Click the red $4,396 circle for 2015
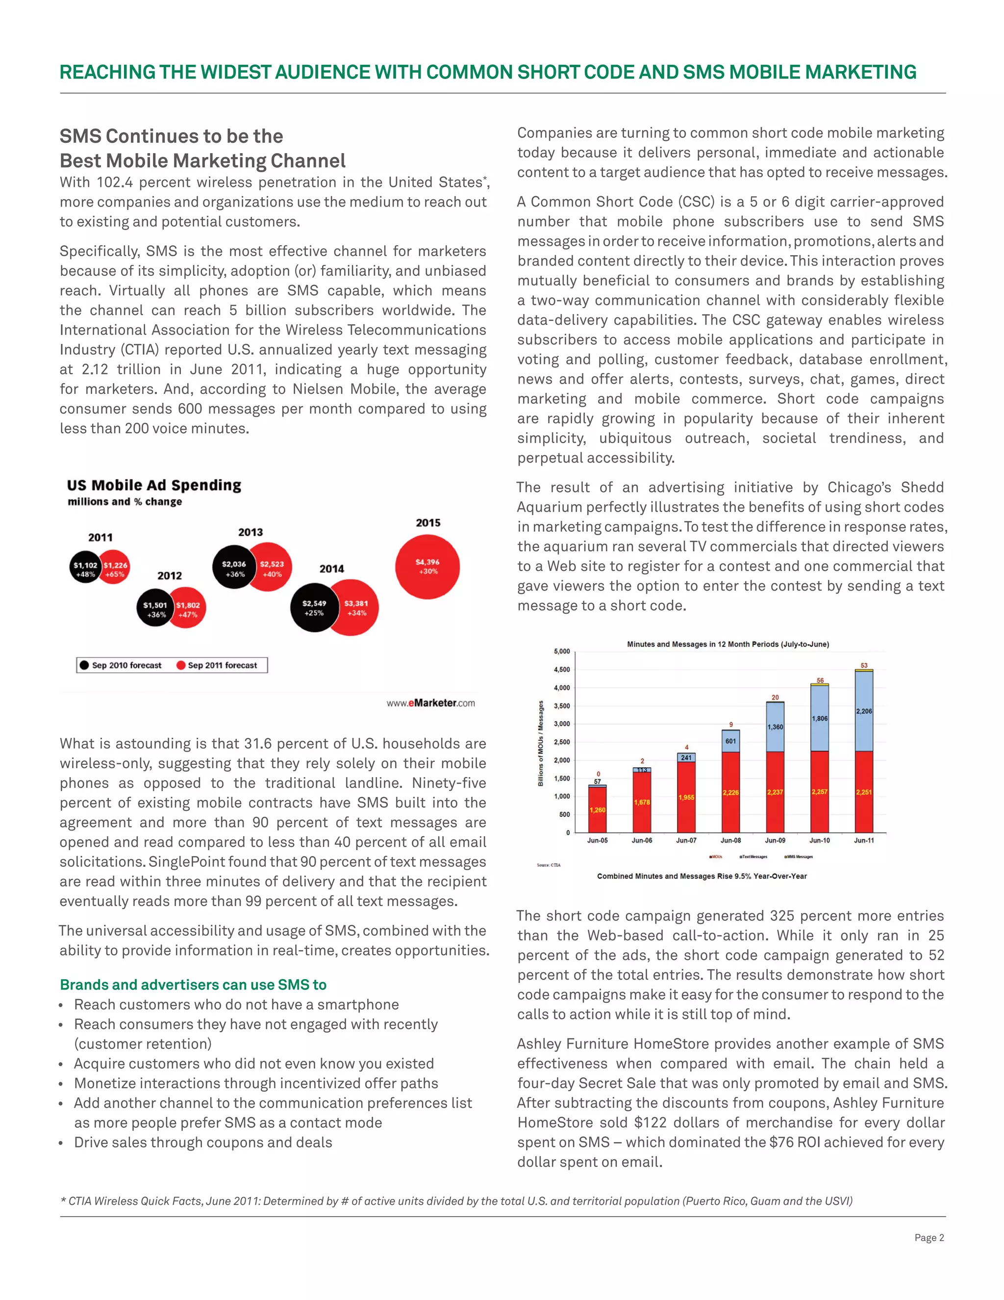pyautogui.click(x=427, y=566)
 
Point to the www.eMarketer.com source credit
pyautogui.click(x=430, y=702)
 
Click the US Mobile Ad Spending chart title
pyautogui.click(x=154, y=485)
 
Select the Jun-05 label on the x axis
pyautogui.click(x=597, y=840)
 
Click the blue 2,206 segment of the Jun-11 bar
pyautogui.click(x=864, y=711)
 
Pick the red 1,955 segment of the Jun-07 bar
pyautogui.click(x=686, y=798)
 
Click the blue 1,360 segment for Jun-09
pyautogui.click(x=775, y=727)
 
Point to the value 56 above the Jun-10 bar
pyautogui.click(x=820, y=680)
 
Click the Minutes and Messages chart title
pyautogui.click(x=728, y=644)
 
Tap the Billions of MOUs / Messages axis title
pyautogui.click(x=541, y=743)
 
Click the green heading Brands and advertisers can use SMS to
pyautogui.click(x=193, y=985)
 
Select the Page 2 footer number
pyautogui.click(x=929, y=1238)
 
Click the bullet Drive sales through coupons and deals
pyautogui.click(x=203, y=1142)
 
